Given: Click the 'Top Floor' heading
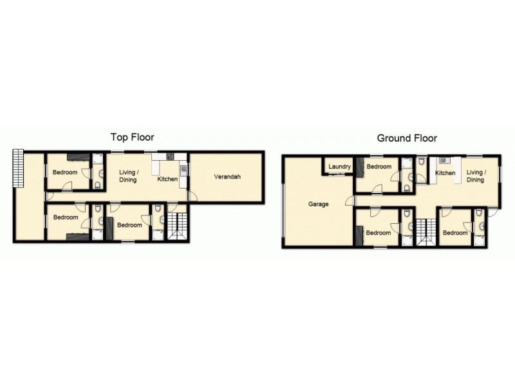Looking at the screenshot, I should coord(132,137).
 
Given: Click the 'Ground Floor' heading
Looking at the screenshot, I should coord(407,138).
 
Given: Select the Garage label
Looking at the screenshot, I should coord(319,204).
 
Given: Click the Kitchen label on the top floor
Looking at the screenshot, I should coord(167,179).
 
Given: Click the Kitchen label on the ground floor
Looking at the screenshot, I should coord(445,173).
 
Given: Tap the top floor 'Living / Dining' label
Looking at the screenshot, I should coord(129,176).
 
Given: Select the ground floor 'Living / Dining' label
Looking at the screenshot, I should coord(476,176).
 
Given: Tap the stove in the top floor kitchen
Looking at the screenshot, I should coord(169,156).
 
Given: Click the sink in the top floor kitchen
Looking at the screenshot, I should coord(183,170).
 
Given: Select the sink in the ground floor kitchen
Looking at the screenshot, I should coord(443,161).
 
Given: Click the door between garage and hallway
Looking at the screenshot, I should coord(350,201).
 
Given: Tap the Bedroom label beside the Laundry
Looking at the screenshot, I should coord(379,167).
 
